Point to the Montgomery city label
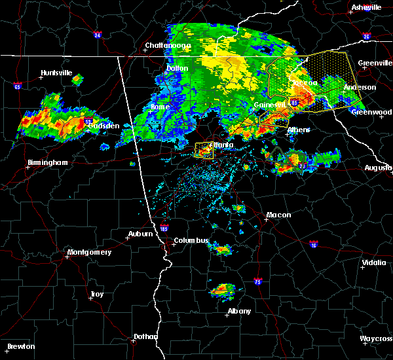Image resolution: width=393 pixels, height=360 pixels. (89, 252)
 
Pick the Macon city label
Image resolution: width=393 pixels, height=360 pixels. (278, 215)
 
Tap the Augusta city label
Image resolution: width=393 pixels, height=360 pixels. (378, 168)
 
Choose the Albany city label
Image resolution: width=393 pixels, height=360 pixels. (238, 311)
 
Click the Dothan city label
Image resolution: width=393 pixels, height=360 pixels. (145, 336)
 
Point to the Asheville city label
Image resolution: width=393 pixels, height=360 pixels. (366, 7)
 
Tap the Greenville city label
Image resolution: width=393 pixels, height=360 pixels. (374, 63)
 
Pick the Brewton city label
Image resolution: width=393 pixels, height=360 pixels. (21, 346)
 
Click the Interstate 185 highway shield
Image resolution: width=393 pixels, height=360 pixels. (164, 230)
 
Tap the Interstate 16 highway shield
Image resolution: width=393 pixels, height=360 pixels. (314, 245)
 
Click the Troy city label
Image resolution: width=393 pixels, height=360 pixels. (97, 295)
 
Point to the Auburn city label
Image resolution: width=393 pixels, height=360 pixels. (140, 234)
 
